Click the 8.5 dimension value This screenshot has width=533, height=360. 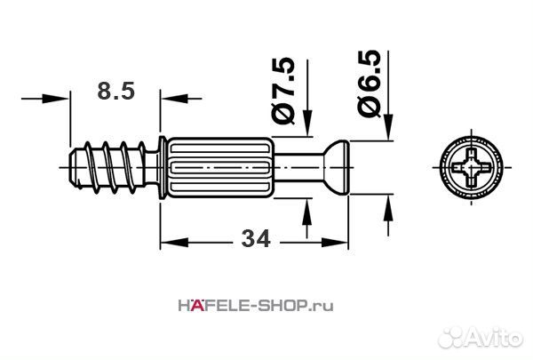point(115,92)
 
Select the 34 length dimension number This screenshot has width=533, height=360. point(256,239)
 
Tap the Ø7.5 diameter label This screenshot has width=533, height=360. point(283,91)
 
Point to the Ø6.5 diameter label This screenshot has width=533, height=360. point(368,84)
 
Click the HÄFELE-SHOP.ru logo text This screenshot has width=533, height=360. point(256,306)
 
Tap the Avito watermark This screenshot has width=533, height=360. point(481,338)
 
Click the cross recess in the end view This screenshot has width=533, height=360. point(471,167)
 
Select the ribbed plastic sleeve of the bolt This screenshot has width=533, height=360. point(220,167)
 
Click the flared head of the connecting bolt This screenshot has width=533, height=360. point(337,167)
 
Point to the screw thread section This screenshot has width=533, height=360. point(108,167)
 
